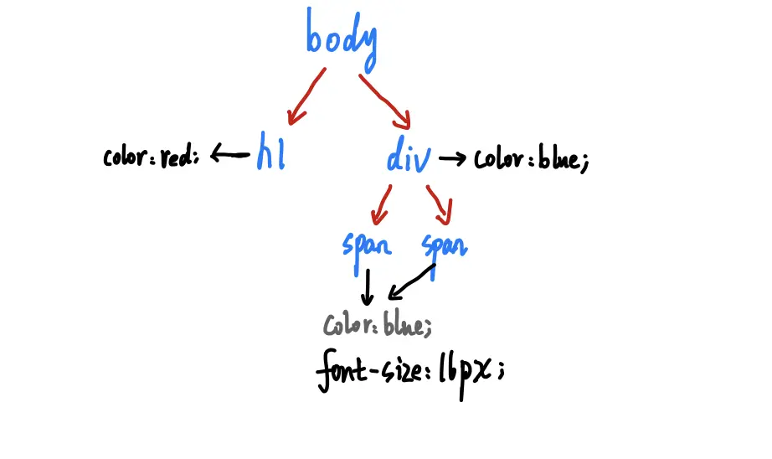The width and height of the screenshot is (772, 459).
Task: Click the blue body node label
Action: (x=342, y=40)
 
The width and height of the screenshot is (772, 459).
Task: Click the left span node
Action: (x=367, y=245)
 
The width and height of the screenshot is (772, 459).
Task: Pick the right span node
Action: (x=444, y=245)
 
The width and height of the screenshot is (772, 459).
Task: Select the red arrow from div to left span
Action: (x=382, y=204)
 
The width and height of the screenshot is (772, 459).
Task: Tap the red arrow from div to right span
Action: (x=440, y=204)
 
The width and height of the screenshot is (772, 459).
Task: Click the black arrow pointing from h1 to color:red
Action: (x=229, y=154)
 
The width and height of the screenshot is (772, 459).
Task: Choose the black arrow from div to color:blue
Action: (x=452, y=158)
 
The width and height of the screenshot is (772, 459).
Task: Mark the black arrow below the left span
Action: (x=367, y=288)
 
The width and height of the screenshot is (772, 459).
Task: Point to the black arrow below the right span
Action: (x=413, y=283)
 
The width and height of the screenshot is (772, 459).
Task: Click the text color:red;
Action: (x=152, y=157)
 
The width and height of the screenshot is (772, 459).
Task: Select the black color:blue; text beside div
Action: (x=532, y=159)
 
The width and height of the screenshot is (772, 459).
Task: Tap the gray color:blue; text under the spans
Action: (x=378, y=325)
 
